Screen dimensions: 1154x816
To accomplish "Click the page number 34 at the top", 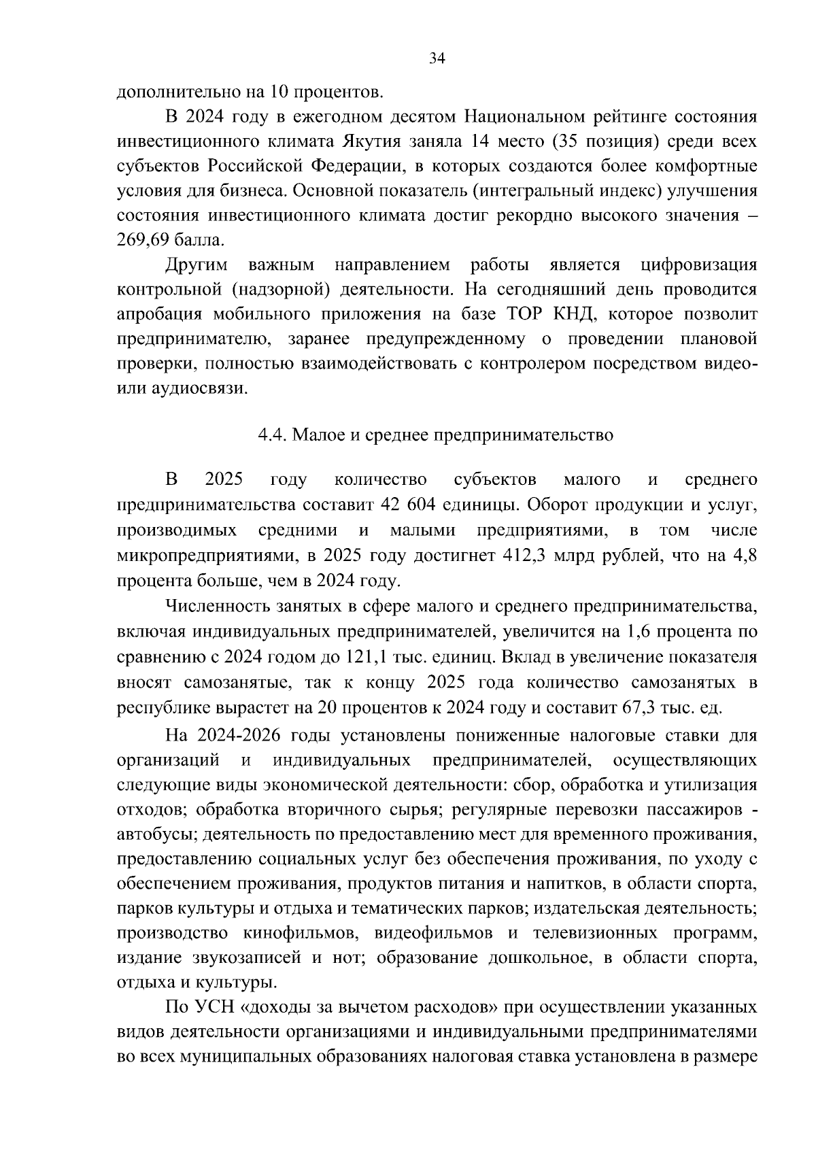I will (x=437, y=59).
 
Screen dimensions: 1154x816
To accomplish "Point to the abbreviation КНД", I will (x=568, y=314).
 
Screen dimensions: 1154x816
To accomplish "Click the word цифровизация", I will (x=698, y=265).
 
